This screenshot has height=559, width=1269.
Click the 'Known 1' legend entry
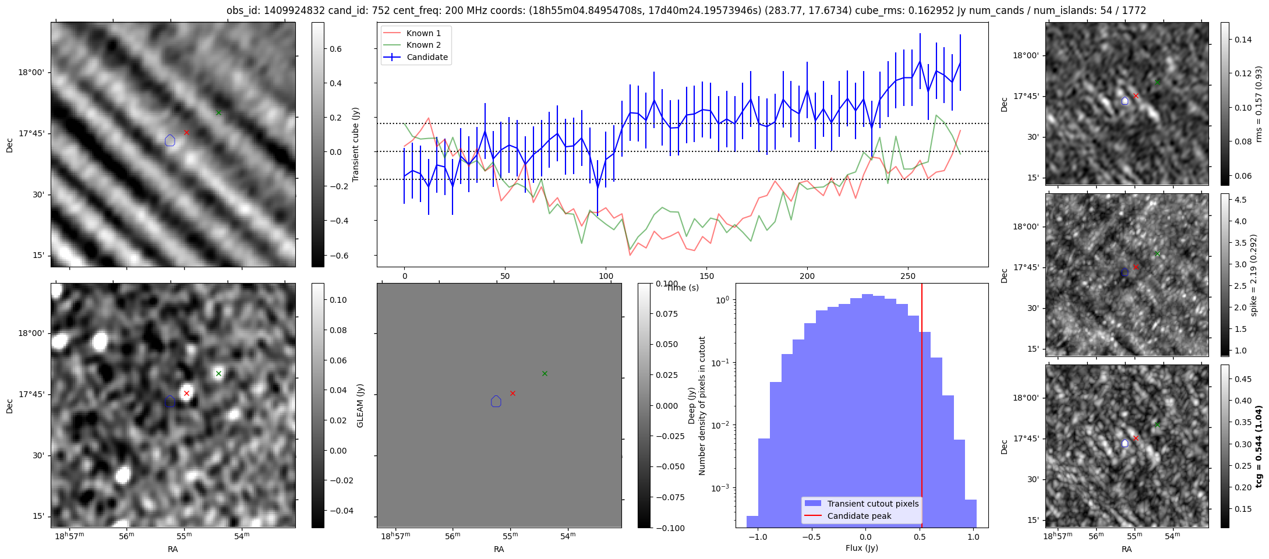tap(423, 33)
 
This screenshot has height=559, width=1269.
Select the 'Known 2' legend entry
tap(423, 45)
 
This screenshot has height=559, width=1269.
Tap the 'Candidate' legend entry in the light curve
tap(427, 57)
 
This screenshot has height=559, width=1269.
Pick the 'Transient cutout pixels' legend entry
tap(872, 504)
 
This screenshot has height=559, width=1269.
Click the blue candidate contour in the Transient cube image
tap(170, 140)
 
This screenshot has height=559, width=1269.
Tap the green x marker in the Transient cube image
tap(218, 112)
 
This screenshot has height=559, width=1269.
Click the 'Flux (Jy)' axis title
tap(861, 548)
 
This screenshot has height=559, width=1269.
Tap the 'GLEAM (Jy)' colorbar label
tap(360, 405)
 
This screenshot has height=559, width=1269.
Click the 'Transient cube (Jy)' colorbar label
tap(355, 144)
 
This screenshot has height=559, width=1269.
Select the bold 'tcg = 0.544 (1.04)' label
tap(1259, 446)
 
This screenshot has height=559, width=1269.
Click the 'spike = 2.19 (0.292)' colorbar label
tap(1254, 275)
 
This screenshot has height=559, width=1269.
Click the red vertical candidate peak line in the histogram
tap(922, 408)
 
